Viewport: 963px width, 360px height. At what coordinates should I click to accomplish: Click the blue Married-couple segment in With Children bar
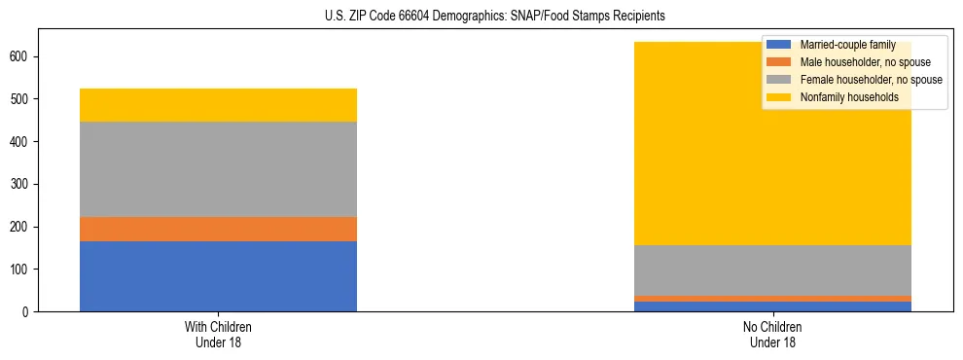218,276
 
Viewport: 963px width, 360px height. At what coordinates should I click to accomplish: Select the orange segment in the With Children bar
218,229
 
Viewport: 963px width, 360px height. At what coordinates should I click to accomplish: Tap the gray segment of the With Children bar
218,169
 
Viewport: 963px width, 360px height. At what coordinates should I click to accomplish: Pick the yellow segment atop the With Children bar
218,105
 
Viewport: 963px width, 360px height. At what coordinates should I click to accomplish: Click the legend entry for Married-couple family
845,45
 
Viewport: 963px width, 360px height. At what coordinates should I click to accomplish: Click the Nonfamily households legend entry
849,97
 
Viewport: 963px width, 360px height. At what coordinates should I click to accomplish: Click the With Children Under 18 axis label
218,335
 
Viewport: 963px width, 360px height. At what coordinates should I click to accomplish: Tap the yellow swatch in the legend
779,97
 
